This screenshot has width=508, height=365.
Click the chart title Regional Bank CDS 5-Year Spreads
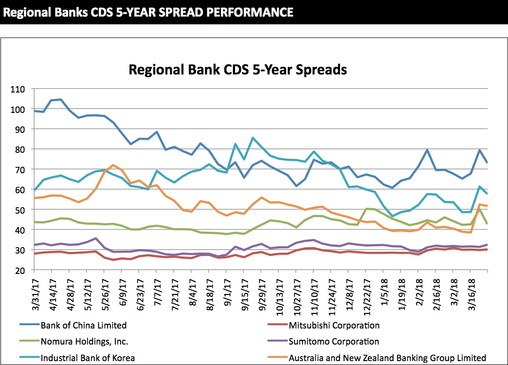pos(237,70)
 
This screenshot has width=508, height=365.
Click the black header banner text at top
pos(148,11)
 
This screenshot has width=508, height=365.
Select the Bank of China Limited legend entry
pos(83,326)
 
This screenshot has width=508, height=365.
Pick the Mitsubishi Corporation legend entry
pos(334,326)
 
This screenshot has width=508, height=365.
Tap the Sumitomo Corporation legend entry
pos(333,342)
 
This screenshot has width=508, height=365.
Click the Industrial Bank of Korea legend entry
pos(88,358)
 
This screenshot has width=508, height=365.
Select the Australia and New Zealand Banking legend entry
pos(387,358)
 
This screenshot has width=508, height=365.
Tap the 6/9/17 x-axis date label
pos(123,288)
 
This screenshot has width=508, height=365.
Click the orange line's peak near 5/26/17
pos(113,165)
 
